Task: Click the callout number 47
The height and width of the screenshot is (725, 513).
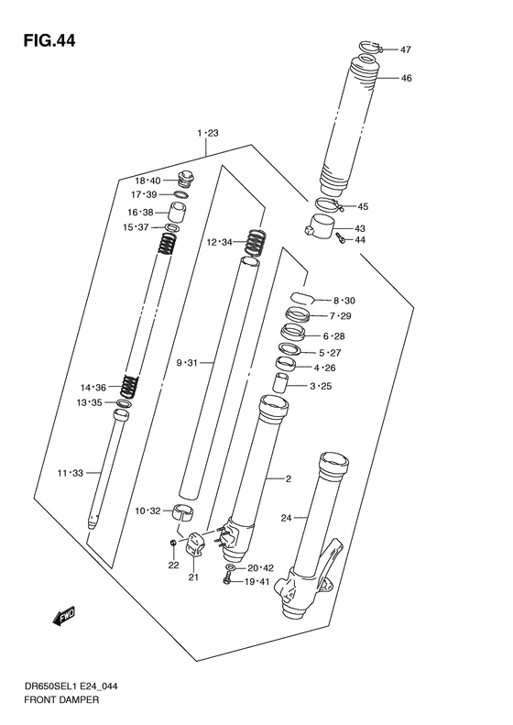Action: pos(406,49)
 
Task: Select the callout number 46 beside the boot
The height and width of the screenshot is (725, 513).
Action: pos(406,78)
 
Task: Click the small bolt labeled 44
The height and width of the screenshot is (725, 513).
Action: pos(340,238)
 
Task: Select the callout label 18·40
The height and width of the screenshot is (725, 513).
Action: pos(148,181)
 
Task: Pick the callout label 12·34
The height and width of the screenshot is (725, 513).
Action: pos(219,242)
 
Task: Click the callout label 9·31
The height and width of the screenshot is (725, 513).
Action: pos(189,363)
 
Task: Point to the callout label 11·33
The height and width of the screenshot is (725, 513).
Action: pos(70,473)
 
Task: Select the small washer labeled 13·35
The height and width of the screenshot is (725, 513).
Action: pos(124,403)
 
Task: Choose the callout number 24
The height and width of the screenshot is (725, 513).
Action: pos(285,519)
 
